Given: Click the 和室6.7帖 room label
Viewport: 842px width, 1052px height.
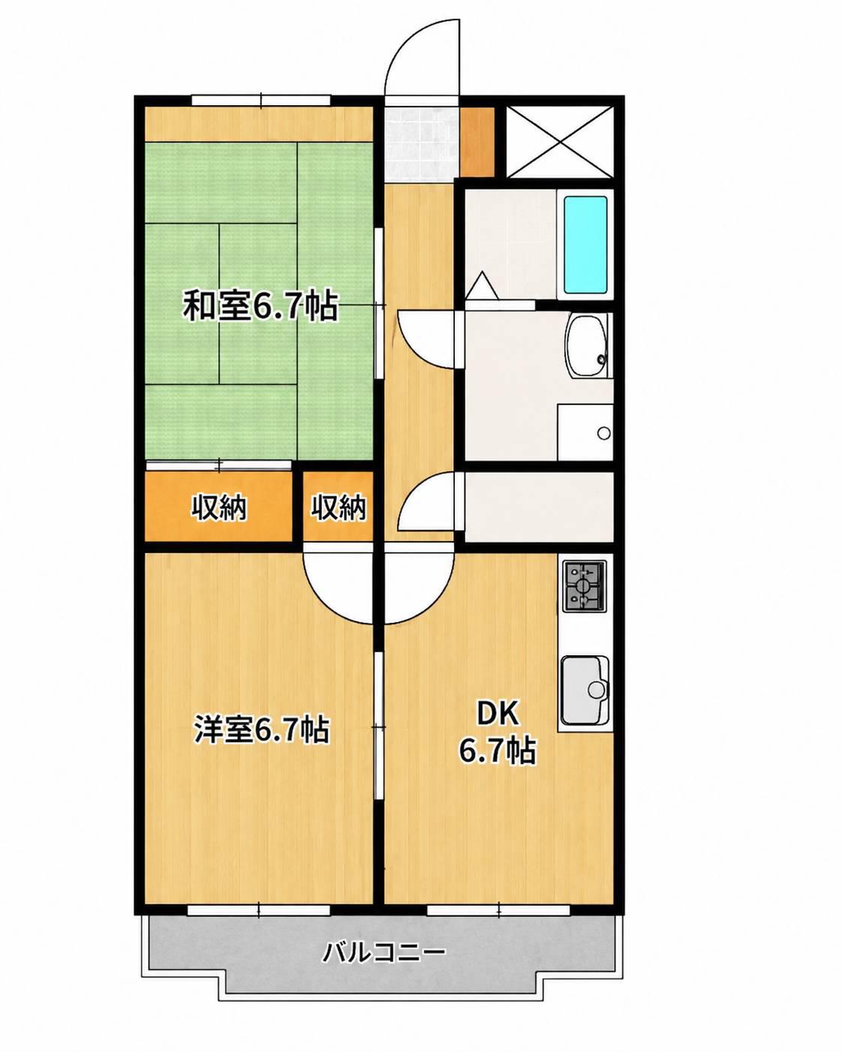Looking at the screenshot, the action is [260, 306].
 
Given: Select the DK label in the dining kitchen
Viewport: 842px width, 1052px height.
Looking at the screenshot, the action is [498, 714].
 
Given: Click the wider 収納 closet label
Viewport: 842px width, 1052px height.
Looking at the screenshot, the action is [218, 508].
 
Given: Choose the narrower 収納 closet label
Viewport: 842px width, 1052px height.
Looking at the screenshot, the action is [339, 508].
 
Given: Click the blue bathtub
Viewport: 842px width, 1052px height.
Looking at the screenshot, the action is [586, 245].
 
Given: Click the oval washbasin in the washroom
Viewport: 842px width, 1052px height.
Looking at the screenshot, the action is [587, 346].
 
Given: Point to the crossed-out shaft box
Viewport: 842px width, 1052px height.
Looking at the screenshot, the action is [559, 143].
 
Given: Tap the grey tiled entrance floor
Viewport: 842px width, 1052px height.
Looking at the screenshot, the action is [421, 145].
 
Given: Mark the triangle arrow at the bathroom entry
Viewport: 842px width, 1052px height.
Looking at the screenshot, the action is [482, 285].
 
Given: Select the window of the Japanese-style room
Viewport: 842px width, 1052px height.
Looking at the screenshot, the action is [261, 101].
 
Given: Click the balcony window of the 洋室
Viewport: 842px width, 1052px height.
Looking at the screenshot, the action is [259, 909].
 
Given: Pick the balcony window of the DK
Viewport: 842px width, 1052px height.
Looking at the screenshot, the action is [498, 909].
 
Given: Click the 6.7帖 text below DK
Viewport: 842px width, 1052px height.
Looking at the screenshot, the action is [498, 750].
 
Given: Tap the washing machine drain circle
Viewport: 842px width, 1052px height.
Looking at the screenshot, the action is [604, 433].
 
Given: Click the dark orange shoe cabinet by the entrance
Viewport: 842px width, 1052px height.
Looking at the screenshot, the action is [477, 141].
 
